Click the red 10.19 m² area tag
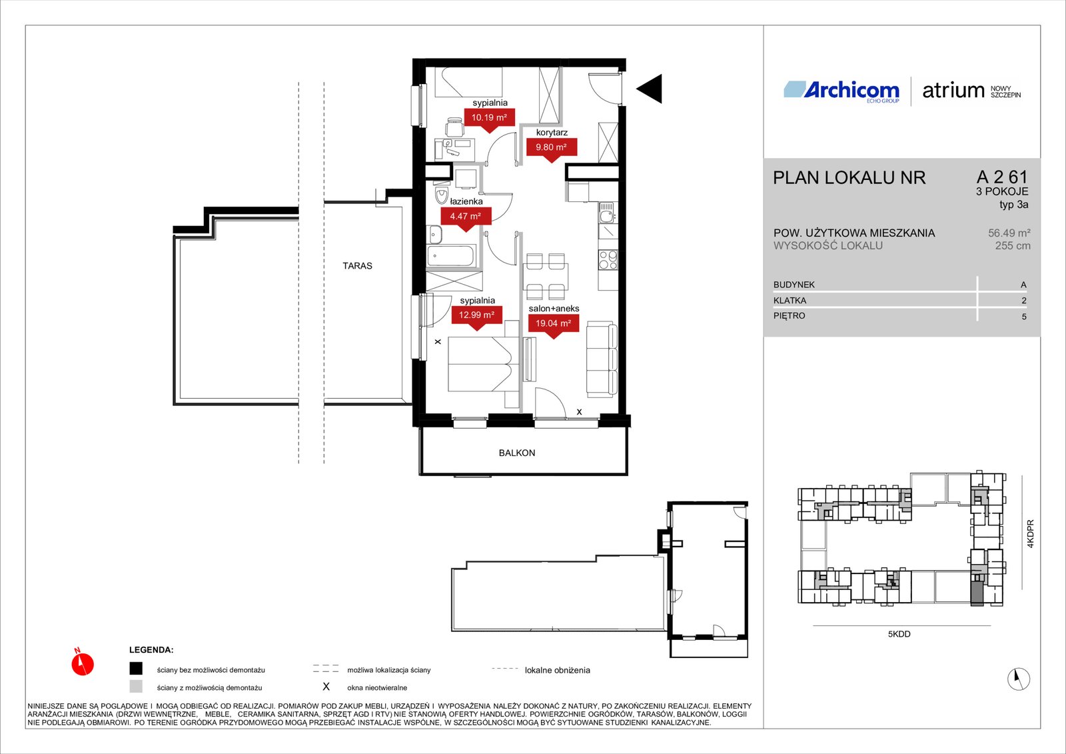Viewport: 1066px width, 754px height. pyautogui.click(x=489, y=119)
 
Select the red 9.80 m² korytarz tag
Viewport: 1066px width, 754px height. pyautogui.click(x=551, y=149)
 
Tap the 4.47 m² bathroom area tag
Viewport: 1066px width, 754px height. pyautogui.click(x=466, y=218)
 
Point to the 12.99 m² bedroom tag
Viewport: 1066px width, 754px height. pyautogui.click(x=476, y=317)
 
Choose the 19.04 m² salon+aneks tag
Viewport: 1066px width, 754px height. pyautogui.click(x=553, y=325)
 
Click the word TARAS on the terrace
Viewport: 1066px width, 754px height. pyautogui.click(x=357, y=266)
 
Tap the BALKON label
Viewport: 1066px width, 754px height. pyautogui.click(x=517, y=453)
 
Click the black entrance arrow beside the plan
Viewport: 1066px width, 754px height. pyautogui.click(x=650, y=89)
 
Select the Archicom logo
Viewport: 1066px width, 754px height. pyautogui.click(x=841, y=91)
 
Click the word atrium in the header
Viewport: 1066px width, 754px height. pyautogui.click(x=953, y=91)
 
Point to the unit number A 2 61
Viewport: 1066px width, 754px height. pyautogui.click(x=1002, y=177)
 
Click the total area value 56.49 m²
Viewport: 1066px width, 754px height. pyautogui.click(x=1009, y=233)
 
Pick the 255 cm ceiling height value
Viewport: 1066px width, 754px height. pyautogui.click(x=1013, y=246)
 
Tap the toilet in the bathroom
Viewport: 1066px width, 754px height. pyautogui.click(x=442, y=195)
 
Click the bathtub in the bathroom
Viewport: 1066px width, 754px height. pyautogui.click(x=450, y=256)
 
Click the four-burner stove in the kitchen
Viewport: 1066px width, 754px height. pyautogui.click(x=608, y=260)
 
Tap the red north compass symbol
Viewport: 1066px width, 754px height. pyautogui.click(x=83, y=663)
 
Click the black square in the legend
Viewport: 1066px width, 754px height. pyautogui.click(x=136, y=669)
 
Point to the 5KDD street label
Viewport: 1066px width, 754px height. pyautogui.click(x=899, y=635)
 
